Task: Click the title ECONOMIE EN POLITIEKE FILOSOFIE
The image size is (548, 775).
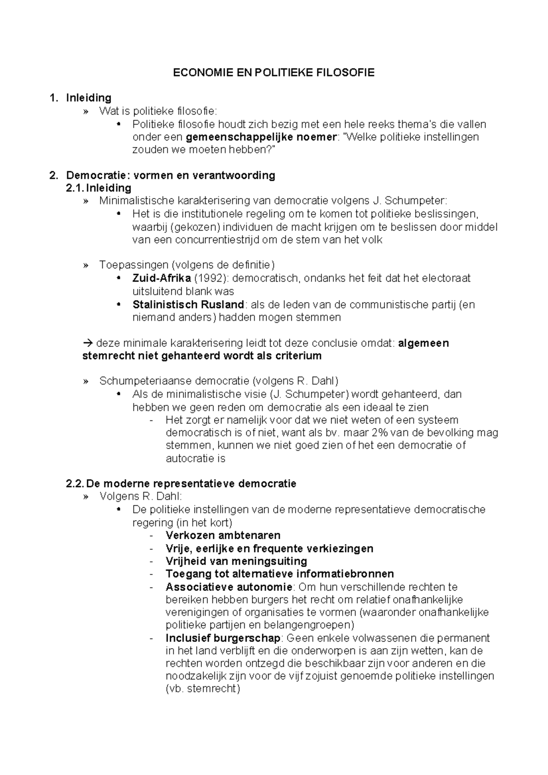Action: click(274, 73)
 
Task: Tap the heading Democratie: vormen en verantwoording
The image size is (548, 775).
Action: click(170, 175)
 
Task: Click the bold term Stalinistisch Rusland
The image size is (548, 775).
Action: click(188, 304)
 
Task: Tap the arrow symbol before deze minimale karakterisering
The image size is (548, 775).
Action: click(88, 343)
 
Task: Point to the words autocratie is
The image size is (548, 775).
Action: click(195, 458)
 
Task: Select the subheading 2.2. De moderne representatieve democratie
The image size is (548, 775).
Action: click(181, 483)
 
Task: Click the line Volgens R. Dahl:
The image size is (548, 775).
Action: click(141, 496)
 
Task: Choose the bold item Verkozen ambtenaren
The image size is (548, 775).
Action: click(223, 535)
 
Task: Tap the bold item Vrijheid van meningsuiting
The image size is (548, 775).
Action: click(236, 561)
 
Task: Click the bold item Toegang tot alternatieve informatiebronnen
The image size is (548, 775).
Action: click(279, 574)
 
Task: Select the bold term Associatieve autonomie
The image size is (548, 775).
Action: click(228, 586)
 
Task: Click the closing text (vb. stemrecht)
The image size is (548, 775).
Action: click(202, 689)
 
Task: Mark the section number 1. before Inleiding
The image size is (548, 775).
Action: click(54, 98)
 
